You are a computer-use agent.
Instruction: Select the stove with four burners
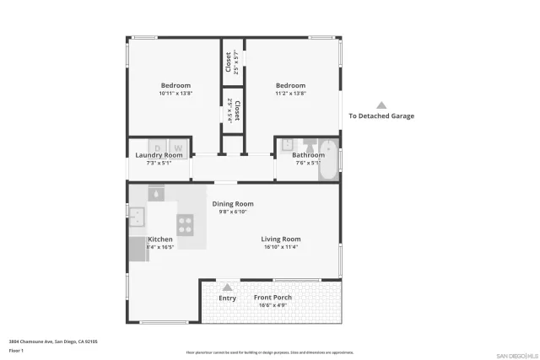point(186,224)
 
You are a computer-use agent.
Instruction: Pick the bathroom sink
point(287,144)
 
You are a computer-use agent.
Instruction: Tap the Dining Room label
point(232,204)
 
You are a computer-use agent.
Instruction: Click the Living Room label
point(280,239)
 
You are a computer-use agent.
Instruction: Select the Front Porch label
point(273,298)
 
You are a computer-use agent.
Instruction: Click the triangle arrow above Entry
point(227,287)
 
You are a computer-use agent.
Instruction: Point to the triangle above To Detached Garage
point(381,105)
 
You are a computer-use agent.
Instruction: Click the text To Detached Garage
point(381,116)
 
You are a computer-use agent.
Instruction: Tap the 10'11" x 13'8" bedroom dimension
point(175,93)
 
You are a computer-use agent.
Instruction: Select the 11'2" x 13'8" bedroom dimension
point(290,93)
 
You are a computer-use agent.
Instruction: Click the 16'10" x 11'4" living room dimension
point(281,248)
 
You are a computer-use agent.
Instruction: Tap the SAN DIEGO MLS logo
point(516,355)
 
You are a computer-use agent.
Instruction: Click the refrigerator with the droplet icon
point(156,193)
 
